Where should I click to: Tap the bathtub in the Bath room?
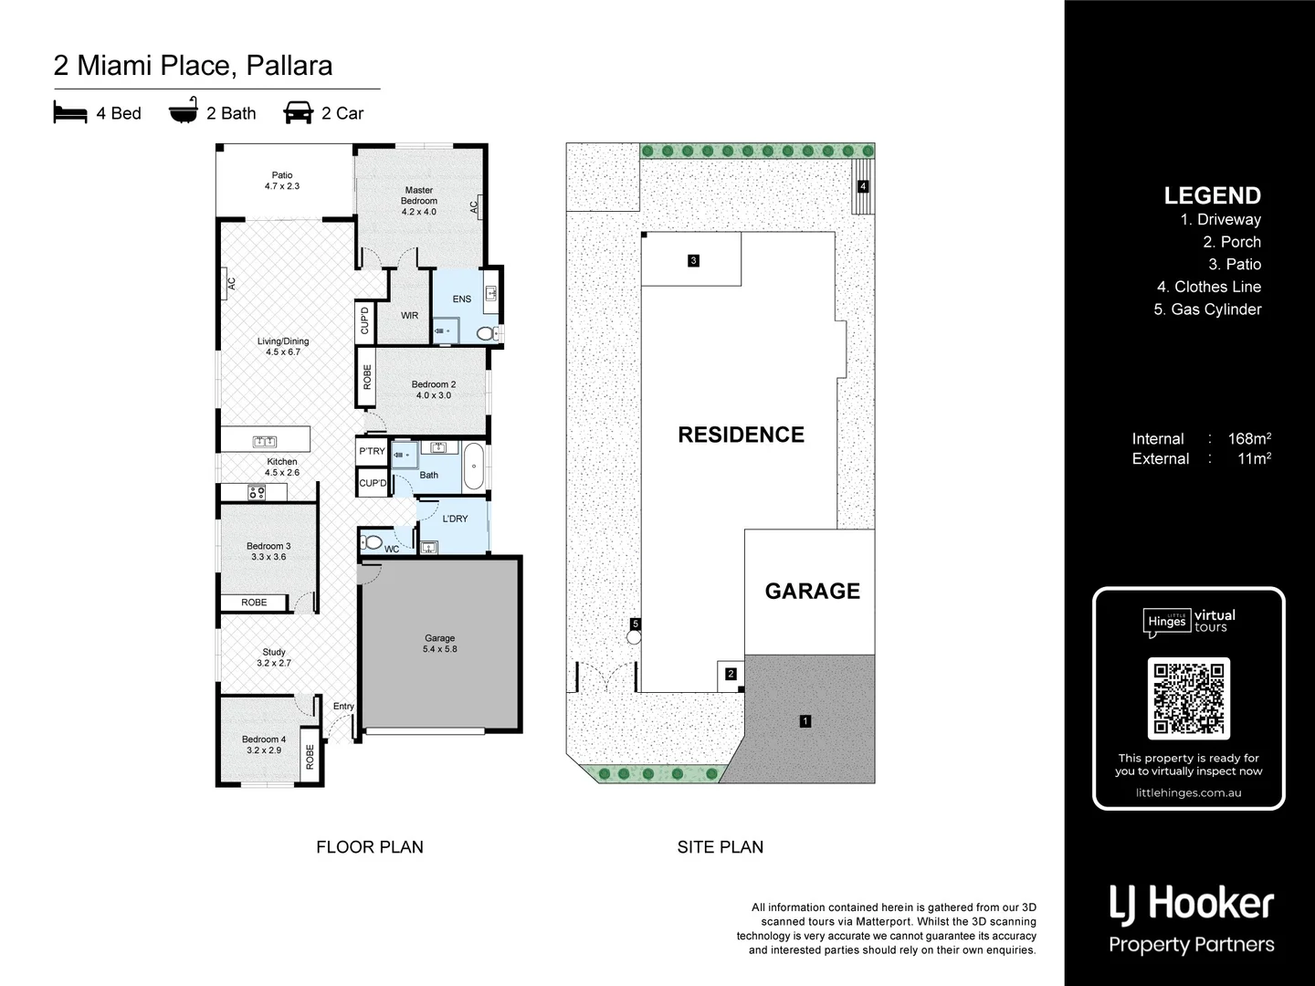coord(474,467)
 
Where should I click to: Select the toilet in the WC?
coord(373,542)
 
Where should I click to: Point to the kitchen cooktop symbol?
coord(257,493)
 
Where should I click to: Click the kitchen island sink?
coord(264,442)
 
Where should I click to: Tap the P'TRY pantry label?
coord(372,451)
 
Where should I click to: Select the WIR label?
coord(409,316)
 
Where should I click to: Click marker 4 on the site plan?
coord(862,186)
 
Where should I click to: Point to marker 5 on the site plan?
coord(636,624)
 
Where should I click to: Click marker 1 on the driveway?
coord(805,721)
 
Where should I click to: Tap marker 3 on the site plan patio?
coord(693,261)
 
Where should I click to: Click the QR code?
coord(1188,698)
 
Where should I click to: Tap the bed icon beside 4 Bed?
coord(70,113)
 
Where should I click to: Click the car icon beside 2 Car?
coord(299,113)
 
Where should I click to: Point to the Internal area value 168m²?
coord(1248,439)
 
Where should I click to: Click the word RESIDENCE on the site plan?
coord(741,435)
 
